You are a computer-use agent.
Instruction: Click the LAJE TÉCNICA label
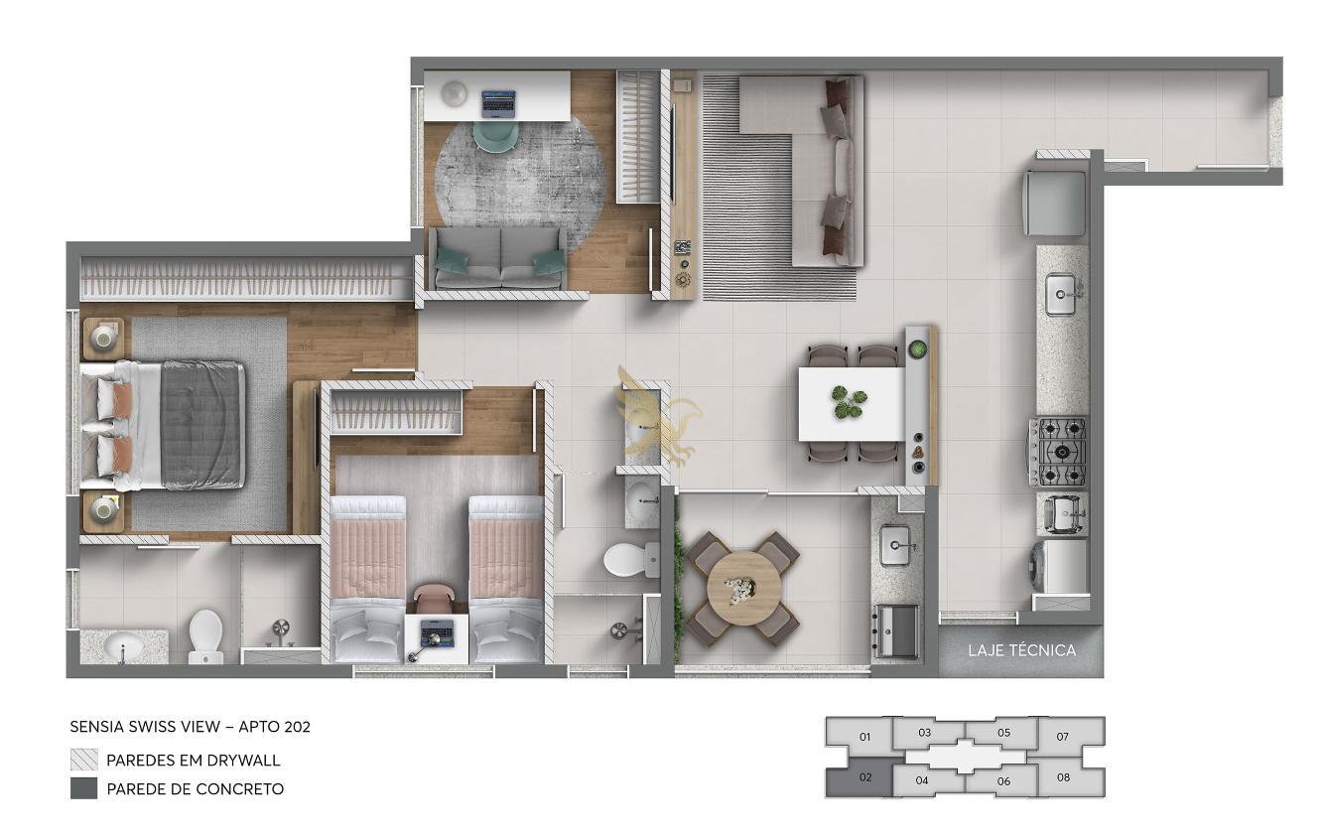point(1021,650)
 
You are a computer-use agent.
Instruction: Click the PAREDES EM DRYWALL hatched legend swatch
point(84,760)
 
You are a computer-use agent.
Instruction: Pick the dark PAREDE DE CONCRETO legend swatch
point(84,788)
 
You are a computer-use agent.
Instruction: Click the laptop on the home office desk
point(498,103)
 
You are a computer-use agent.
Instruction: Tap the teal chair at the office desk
point(496,135)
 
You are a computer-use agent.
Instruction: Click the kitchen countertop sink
point(1062,293)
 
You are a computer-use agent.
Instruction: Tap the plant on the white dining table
point(850,402)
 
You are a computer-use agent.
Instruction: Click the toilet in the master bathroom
point(205,636)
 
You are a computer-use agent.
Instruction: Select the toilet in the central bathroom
point(630,559)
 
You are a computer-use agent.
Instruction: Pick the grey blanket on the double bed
point(202,425)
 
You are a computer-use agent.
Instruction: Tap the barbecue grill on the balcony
point(896,630)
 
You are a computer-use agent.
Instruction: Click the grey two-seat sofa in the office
point(497,258)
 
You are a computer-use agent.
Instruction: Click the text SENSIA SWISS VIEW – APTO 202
point(190,727)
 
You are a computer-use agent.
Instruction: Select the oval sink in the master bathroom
point(123,645)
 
